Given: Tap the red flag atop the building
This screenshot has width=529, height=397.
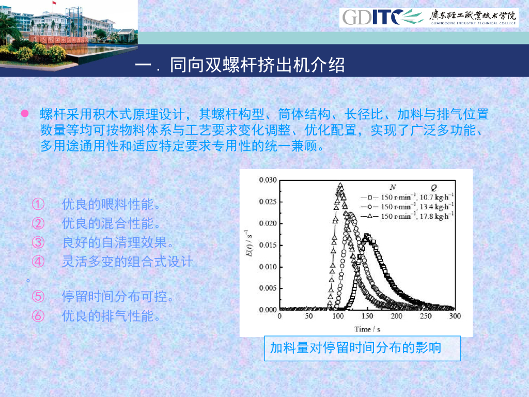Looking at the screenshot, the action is coord(54,3).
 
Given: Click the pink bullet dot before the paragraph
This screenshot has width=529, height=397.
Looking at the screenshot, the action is coord(25,113).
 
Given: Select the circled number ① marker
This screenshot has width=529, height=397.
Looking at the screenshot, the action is coord(38,204).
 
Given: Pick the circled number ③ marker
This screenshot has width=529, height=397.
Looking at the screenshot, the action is coord(38,242).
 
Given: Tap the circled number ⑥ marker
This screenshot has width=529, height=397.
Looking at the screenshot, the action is coord(38,316).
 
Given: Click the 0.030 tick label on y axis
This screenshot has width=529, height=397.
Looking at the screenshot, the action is coord(268,180).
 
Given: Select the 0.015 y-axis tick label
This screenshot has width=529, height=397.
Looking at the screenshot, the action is coord(268,245).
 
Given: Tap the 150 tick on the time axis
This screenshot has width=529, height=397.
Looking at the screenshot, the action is coord(367,316).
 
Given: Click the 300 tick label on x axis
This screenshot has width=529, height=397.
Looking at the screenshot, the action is coord(455,316).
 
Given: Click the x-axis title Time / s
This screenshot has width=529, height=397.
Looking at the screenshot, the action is coord(367,329).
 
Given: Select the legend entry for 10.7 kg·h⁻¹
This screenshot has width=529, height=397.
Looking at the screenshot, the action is coord(407,197).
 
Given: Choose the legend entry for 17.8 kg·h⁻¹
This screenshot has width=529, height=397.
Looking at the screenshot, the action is coord(407,216).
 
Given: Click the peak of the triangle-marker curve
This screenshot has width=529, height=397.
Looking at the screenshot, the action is coord(340,185).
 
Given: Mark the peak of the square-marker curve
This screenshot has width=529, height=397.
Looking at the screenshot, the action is coord(367,236).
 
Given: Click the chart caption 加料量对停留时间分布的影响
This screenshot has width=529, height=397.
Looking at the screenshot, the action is coord(355,348).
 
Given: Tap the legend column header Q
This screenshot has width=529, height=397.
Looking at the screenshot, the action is coord(433,188).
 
